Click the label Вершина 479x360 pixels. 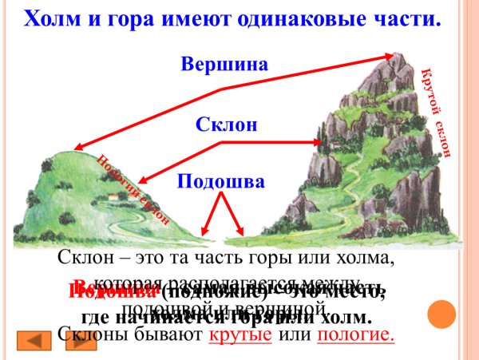224,64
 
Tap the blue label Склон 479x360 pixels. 228,125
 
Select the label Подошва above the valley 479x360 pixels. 221,181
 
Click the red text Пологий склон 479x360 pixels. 133,188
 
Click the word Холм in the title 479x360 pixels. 52,18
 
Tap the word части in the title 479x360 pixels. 408,18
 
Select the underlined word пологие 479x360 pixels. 355,335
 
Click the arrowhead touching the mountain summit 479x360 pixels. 390,55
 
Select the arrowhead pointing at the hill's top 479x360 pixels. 78,146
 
